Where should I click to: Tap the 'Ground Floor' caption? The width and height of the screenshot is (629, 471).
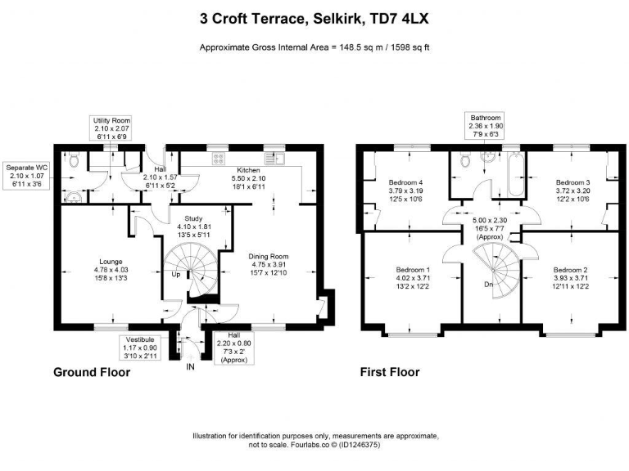91,372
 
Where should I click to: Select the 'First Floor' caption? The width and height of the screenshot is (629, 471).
390,372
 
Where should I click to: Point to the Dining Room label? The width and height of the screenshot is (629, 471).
270,256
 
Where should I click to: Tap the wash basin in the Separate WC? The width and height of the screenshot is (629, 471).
75,195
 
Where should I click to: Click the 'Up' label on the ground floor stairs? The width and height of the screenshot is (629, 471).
175,275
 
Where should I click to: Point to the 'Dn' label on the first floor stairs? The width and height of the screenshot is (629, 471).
488,285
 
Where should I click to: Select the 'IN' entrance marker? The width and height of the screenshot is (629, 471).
190,367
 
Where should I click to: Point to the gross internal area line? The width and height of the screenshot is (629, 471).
314,48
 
